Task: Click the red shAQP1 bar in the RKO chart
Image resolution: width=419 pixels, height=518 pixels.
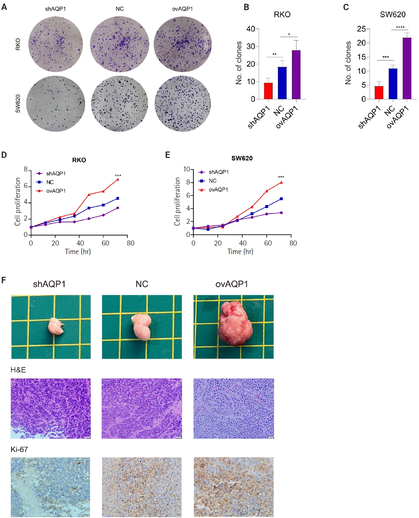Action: coord(268,91)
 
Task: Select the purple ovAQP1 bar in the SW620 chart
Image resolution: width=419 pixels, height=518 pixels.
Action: coord(407,68)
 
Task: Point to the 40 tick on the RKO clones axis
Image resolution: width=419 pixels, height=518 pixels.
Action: coord(250,29)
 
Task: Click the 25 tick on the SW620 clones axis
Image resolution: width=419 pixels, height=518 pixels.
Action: coord(361,29)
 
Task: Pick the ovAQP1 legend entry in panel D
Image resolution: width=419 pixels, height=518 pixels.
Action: coord(56,191)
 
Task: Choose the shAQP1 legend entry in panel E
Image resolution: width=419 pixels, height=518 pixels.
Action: coord(218,172)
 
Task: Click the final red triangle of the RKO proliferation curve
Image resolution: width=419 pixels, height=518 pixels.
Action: coord(118,179)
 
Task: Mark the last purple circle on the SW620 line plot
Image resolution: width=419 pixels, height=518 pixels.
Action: coord(281,213)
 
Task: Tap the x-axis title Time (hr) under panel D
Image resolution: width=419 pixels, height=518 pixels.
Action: coord(78,252)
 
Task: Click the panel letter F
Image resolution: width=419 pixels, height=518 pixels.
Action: coord(4,280)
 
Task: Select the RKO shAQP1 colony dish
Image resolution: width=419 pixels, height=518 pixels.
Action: coord(56,44)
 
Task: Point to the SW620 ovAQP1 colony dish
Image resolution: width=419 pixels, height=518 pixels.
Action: coord(183,104)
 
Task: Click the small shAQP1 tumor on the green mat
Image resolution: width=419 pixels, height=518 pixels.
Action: coord(56,327)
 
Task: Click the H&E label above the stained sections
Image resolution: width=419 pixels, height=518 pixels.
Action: coord(18,370)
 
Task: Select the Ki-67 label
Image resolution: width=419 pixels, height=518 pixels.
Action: coord(19,449)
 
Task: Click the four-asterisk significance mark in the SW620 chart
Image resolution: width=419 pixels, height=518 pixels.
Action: coord(400,27)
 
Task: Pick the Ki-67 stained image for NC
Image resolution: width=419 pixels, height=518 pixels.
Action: coord(142,487)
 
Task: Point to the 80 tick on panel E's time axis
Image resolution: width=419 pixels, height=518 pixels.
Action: coord(293,243)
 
